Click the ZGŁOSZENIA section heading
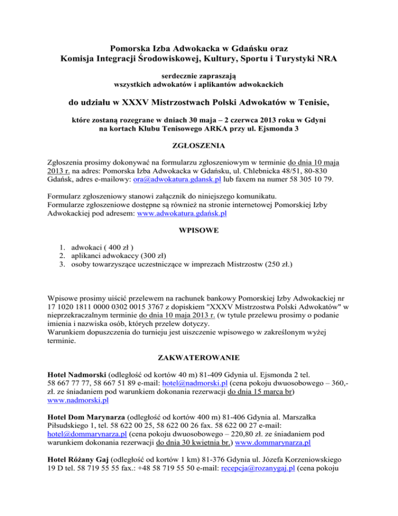point(198,147)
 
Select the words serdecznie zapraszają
point(198,75)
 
